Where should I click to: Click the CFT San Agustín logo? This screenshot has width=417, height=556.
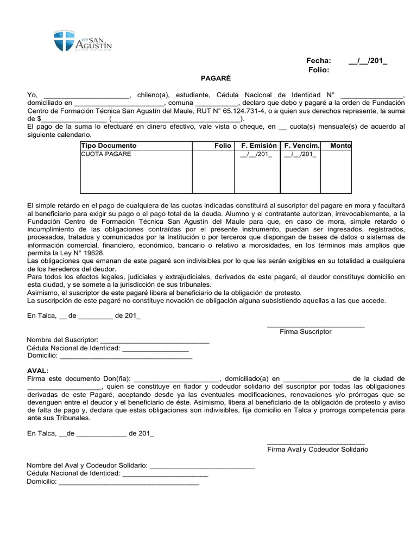83,41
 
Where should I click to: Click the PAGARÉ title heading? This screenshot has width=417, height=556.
208,78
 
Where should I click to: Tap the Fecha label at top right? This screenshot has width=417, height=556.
318,60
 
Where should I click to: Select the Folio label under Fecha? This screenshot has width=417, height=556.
319,70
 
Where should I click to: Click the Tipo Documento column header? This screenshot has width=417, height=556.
109,146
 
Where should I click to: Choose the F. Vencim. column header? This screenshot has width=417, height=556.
300,146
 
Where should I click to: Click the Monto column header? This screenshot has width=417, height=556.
340,146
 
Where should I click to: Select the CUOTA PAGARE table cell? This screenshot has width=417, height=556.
106,154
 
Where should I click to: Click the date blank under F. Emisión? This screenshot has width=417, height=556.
256,154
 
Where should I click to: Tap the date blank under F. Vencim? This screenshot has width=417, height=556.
300,154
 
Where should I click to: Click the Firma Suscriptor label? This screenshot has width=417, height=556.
305,331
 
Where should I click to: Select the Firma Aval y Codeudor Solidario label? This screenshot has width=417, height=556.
317,450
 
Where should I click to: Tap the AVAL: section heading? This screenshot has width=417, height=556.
37,370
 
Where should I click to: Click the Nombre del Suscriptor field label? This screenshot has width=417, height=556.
62,340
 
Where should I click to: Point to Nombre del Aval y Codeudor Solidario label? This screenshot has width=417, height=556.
87,465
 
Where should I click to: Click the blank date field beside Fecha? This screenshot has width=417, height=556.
368,60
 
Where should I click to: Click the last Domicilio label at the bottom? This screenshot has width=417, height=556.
42,482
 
